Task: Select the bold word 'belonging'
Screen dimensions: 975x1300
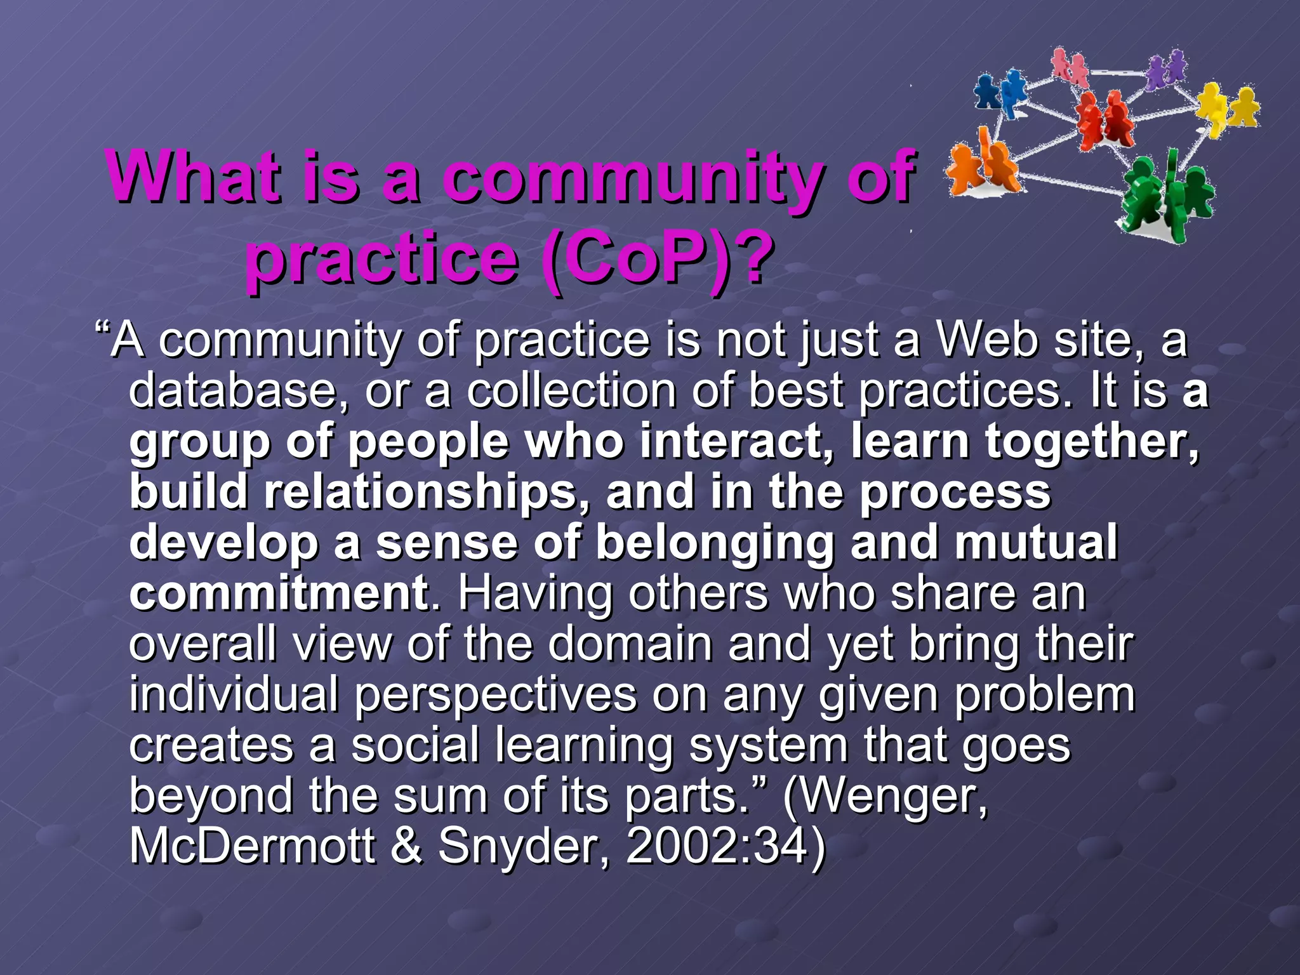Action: pos(715,543)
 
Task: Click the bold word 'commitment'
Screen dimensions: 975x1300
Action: pos(279,593)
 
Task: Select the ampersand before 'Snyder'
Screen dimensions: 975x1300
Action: pos(406,846)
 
